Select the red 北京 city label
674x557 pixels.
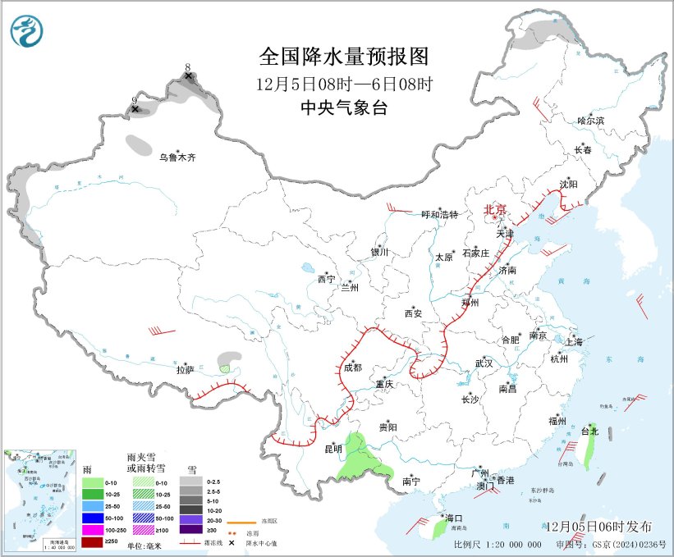[x=496, y=209]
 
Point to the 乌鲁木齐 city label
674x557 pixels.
[x=178, y=158]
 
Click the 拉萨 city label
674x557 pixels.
[x=185, y=370]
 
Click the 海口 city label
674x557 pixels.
[x=454, y=518]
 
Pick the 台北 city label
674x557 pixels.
[x=589, y=431]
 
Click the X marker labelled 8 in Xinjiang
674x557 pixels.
[x=189, y=76]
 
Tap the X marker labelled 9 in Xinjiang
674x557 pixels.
[x=135, y=108]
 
